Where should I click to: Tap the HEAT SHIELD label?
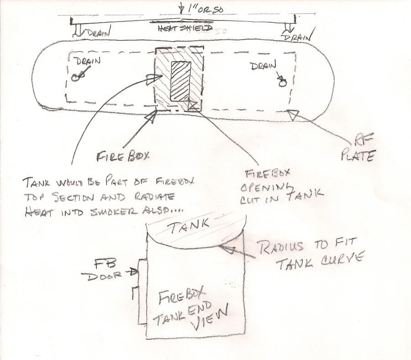(x=179, y=29)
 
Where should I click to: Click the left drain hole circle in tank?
(x=75, y=78)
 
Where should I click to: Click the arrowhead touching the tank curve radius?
(x=226, y=249)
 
